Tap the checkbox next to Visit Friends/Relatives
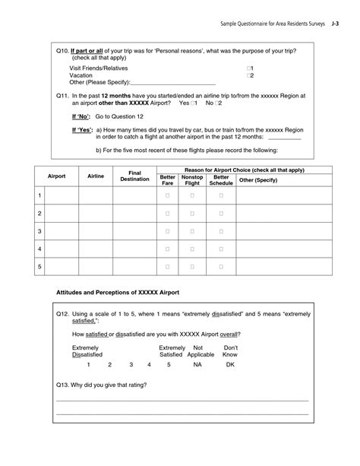(x=248, y=68)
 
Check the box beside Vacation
(x=248, y=76)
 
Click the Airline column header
(x=96, y=176)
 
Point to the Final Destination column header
(x=134, y=176)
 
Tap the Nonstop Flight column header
(x=192, y=179)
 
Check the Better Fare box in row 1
(x=168, y=196)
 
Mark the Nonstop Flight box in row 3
(x=192, y=231)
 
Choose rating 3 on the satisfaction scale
(x=131, y=365)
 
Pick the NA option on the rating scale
(x=197, y=365)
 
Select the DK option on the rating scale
(x=230, y=365)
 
